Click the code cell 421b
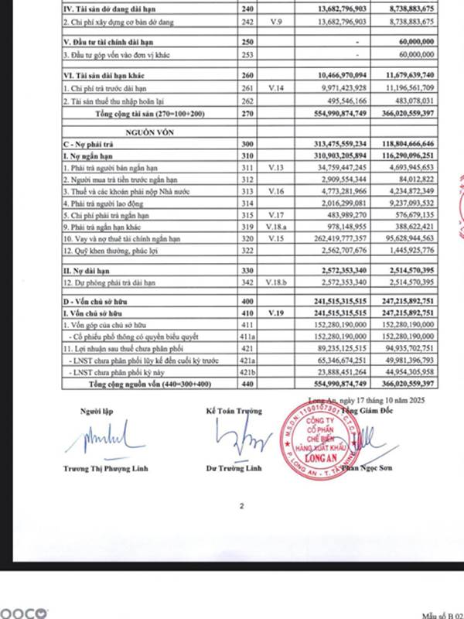[247, 371]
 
